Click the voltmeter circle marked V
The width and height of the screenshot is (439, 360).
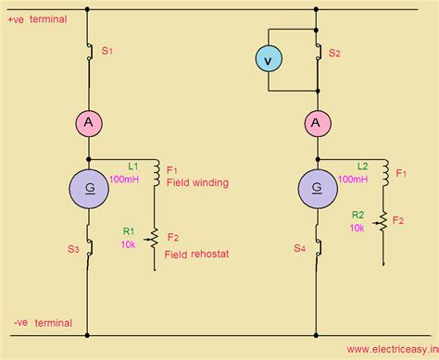pyautogui.click(x=269, y=60)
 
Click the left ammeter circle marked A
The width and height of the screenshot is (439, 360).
pyautogui.click(x=88, y=122)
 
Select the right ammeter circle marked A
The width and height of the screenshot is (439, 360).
pyautogui.click(x=317, y=122)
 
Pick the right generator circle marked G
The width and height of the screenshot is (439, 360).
pyautogui.click(x=317, y=190)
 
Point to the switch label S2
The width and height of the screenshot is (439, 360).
pyautogui.click(x=334, y=54)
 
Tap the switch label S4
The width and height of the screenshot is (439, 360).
pyautogui.click(x=299, y=247)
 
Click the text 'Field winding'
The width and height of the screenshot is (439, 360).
pyautogui.click(x=197, y=183)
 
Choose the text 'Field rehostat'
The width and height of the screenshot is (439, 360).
pyautogui.click(x=196, y=254)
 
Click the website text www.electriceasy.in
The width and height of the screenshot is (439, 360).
pyautogui.click(x=391, y=350)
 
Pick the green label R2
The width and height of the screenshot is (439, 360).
pyautogui.click(x=357, y=214)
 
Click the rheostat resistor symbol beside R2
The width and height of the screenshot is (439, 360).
pyautogui.click(x=383, y=222)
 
